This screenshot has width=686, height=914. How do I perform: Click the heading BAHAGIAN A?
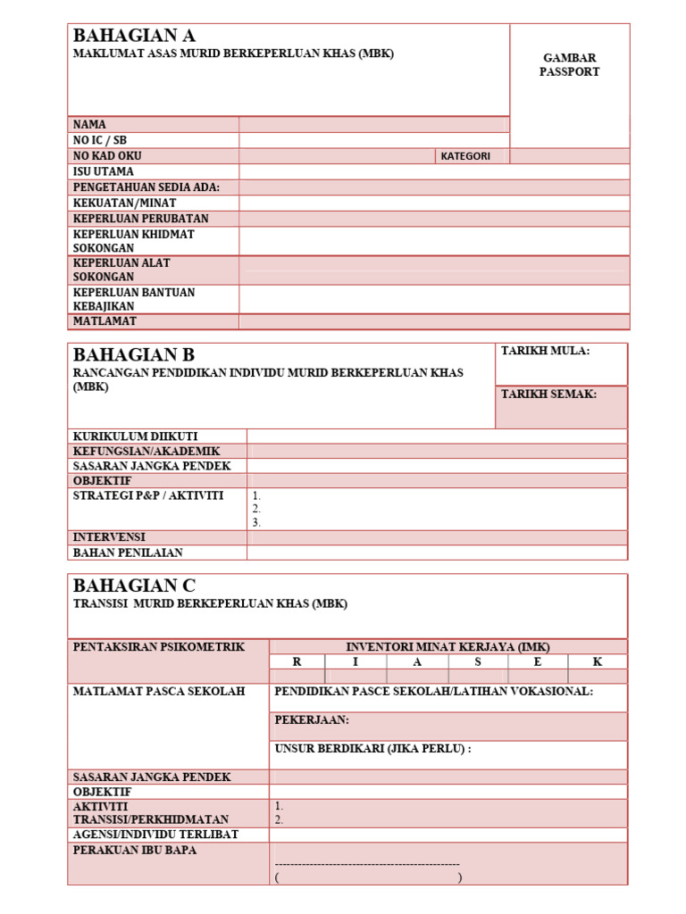[134, 37]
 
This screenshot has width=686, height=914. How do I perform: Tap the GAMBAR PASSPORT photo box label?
[569, 65]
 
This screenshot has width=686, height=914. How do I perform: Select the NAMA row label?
[89, 125]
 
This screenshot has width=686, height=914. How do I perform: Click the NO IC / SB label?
[100, 140]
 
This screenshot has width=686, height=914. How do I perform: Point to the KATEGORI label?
[465, 156]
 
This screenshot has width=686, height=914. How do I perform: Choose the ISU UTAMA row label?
[104, 171]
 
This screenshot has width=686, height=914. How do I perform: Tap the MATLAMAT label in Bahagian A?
[105, 320]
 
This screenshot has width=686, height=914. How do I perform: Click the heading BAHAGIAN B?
[133, 355]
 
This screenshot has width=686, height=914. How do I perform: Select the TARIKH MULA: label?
[545, 352]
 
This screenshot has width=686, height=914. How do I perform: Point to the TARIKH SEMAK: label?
[548, 395]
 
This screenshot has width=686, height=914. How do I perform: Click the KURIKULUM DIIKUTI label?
[135, 436]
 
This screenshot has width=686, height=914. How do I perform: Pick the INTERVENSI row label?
[109, 537]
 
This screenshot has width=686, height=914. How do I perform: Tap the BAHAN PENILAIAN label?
[121, 553]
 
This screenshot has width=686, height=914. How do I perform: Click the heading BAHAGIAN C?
[134, 586]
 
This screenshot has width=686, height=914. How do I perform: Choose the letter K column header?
[598, 662]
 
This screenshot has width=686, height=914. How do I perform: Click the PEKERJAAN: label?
[312, 719]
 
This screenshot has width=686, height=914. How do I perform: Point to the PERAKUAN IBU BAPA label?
[135, 851]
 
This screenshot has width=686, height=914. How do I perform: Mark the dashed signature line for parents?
[367, 864]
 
